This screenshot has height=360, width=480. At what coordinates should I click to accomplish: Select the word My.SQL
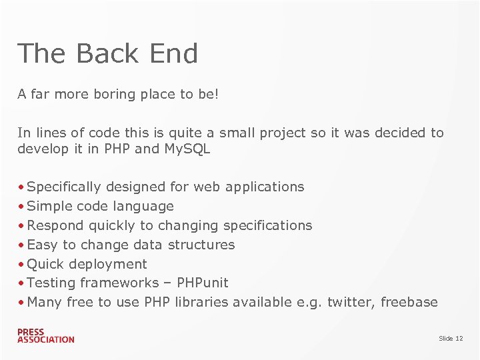click(x=187, y=149)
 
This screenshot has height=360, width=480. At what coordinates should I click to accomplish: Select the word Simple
click(x=51, y=207)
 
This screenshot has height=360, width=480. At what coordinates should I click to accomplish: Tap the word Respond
click(x=55, y=226)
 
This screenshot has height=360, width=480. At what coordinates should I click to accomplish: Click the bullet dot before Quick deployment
click(x=22, y=264)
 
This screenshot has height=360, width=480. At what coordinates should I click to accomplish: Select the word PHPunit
click(x=203, y=283)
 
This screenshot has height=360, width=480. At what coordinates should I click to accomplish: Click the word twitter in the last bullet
click(x=349, y=302)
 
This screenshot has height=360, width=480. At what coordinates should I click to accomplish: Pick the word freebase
click(x=409, y=302)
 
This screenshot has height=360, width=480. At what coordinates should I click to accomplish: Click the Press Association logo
click(x=46, y=335)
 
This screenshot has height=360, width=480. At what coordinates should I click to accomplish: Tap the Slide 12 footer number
click(x=451, y=339)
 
